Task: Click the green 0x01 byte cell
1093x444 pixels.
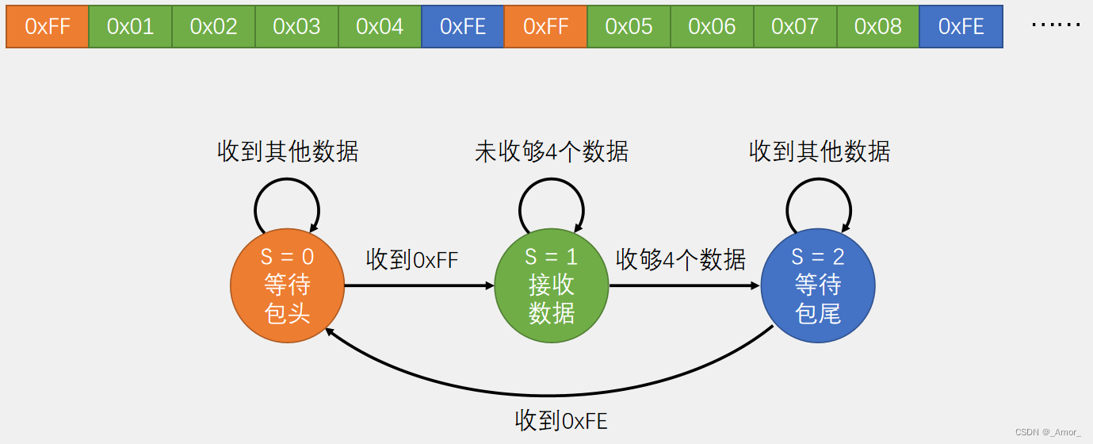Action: [130, 26]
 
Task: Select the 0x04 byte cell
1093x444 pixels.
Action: [380, 26]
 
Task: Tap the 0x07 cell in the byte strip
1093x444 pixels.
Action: [795, 26]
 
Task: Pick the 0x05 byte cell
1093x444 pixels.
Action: [629, 26]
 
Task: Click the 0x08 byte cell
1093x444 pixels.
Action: [878, 26]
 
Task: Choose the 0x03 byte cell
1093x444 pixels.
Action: [296, 26]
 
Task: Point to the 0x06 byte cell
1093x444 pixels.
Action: [712, 26]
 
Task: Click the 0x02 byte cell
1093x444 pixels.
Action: [213, 26]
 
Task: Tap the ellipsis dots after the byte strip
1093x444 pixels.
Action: [1056, 25]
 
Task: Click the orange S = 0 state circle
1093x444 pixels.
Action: [287, 285]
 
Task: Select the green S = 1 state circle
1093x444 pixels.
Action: [552, 285]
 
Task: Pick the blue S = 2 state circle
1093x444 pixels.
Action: [818, 285]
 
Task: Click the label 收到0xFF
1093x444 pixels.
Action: [412, 259]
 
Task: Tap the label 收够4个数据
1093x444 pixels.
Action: [681, 259]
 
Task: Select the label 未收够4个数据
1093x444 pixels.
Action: [552, 151]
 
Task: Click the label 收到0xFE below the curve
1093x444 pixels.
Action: [561, 420]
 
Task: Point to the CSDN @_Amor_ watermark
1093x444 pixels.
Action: [1047, 432]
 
